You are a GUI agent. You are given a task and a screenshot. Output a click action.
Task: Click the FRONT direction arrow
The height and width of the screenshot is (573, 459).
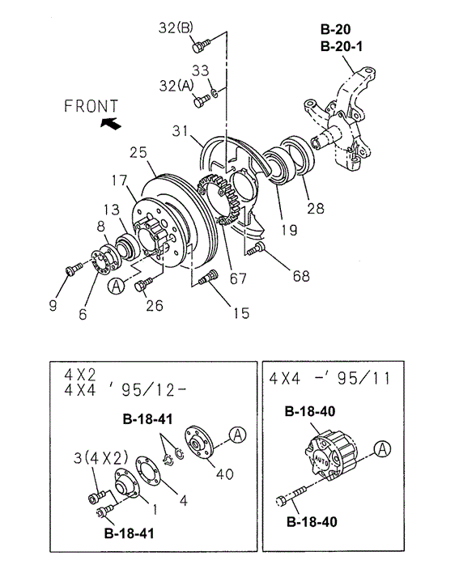point(111,124)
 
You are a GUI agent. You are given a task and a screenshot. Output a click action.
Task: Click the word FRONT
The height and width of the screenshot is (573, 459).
point(91,106)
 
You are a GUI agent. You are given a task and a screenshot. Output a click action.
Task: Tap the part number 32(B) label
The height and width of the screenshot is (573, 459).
point(176,28)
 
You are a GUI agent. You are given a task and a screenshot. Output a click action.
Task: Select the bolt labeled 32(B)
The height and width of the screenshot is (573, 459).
point(200,46)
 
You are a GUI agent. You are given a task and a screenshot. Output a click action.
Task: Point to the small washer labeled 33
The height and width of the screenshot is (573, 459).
point(215,92)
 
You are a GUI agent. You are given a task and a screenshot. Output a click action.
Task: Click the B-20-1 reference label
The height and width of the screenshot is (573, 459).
point(342,47)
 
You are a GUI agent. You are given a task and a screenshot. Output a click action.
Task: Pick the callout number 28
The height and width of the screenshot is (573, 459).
point(316,208)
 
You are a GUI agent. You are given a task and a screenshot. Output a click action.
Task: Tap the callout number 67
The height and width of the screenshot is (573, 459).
point(238,278)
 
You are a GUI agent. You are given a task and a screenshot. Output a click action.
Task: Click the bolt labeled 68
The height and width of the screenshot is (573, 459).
point(256,248)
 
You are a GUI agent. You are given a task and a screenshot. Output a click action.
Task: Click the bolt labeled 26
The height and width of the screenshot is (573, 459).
point(143,284)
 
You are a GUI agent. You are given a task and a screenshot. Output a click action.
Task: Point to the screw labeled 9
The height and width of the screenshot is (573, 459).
point(74,270)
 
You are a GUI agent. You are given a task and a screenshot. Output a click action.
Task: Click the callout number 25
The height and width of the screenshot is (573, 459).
point(138,152)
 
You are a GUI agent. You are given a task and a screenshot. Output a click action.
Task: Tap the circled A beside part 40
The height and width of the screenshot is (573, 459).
point(237,435)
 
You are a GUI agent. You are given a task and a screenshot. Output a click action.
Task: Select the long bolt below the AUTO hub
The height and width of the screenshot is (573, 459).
point(291,495)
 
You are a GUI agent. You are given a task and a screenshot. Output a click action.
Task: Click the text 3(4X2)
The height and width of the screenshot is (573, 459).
point(101,457)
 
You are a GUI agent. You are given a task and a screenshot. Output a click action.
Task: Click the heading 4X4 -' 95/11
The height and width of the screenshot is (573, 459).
point(329,379)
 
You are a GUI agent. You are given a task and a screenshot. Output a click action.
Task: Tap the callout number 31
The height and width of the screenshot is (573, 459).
point(181,131)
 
